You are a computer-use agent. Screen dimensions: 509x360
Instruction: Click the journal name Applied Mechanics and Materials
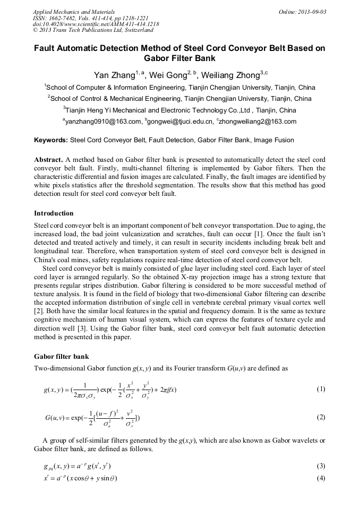74,12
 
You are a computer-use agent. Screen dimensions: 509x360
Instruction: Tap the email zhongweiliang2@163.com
257,122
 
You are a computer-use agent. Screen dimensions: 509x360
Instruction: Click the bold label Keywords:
51,141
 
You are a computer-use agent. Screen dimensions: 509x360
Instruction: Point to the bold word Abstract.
48,160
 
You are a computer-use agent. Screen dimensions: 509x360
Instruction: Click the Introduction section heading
54,213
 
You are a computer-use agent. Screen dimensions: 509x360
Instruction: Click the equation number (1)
321,389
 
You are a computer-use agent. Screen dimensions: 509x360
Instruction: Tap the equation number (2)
321,417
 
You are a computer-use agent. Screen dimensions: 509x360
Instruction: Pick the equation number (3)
321,466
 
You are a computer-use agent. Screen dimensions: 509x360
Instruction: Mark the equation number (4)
321,478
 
